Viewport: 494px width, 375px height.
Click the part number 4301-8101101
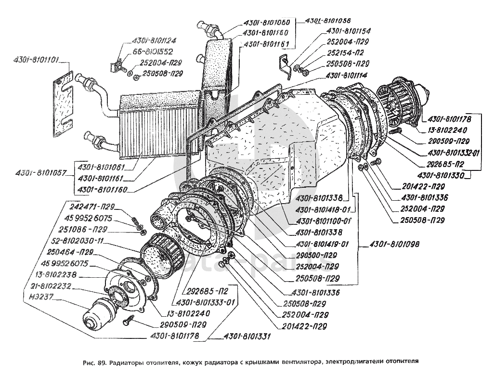coord(36,61)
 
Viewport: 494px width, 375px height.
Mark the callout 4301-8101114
coord(346,75)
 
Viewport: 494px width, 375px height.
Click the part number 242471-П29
coord(91,208)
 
